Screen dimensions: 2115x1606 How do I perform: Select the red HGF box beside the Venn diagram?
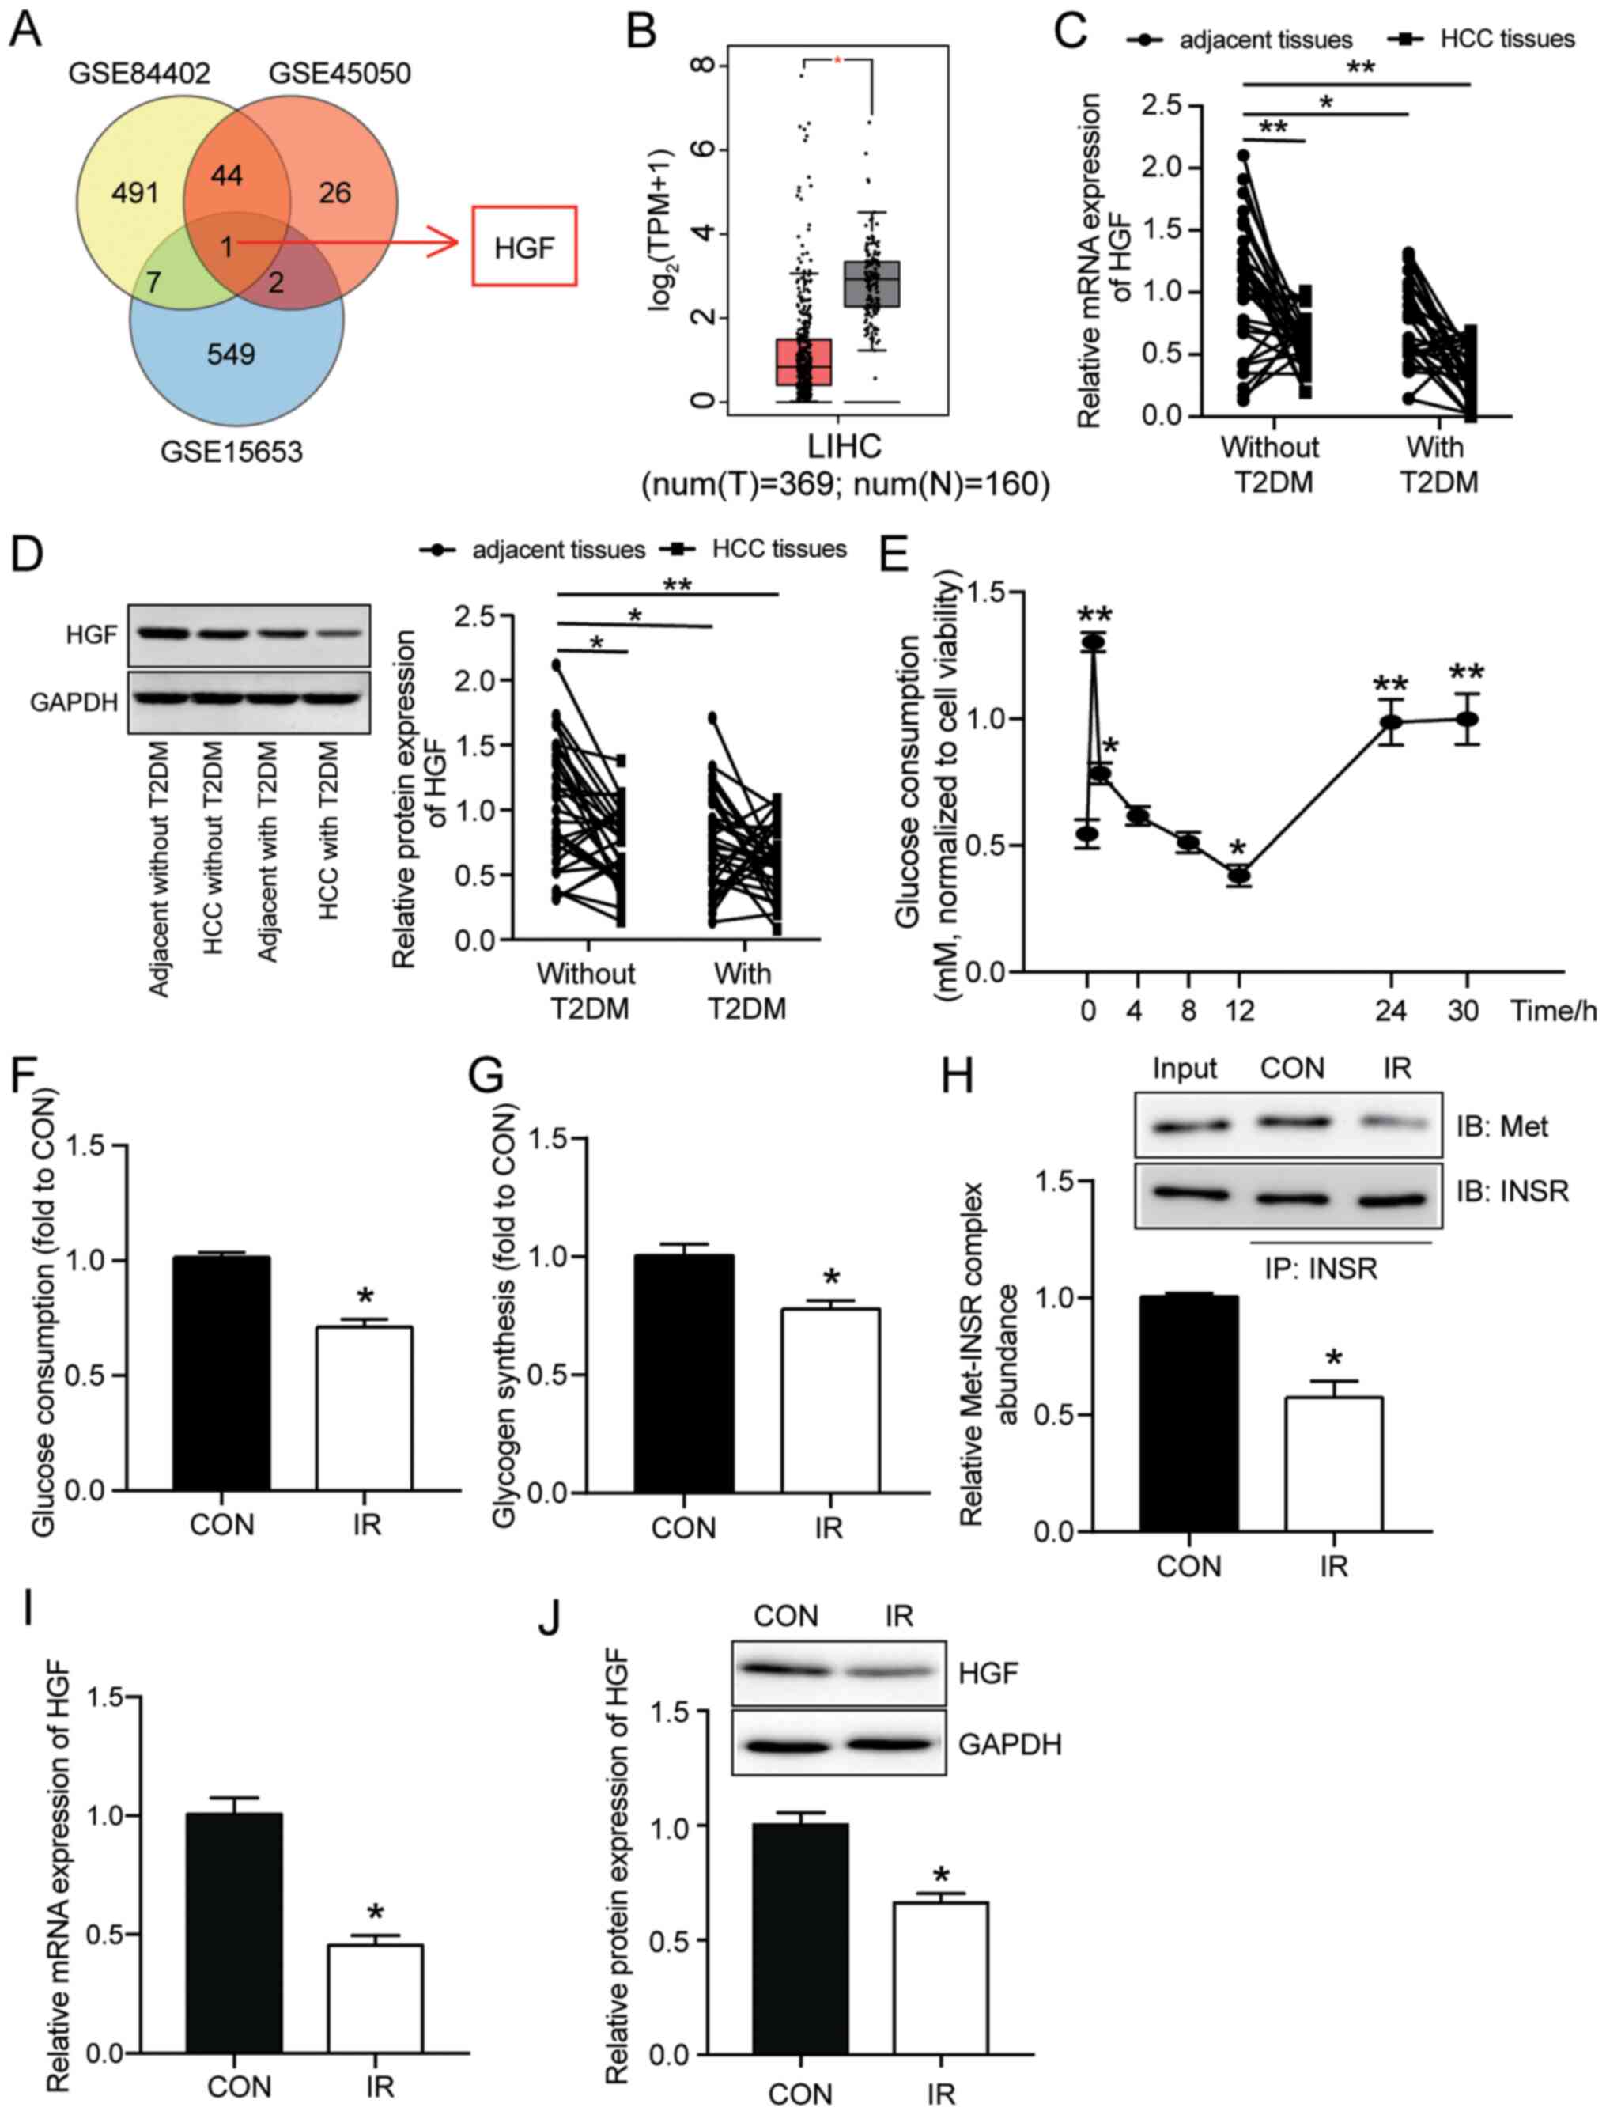pos(523,247)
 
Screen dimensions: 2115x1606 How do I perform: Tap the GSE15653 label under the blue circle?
pos(232,450)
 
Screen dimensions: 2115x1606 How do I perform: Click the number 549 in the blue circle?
pos(232,354)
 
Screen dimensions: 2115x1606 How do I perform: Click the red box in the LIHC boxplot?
pos(804,361)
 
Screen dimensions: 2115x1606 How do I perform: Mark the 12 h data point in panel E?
pos(1240,875)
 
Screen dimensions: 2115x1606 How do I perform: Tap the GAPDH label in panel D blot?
pos(74,703)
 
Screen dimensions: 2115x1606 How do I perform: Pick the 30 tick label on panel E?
pos(1463,1011)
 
